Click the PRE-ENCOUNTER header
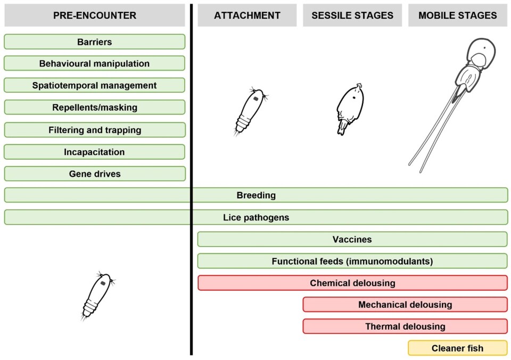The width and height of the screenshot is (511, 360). point(95,15)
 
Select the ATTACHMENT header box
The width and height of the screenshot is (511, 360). point(247,15)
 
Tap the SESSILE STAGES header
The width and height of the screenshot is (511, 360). point(352,15)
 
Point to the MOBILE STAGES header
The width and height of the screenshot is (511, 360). point(458,15)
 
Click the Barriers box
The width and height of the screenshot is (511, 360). point(95,42)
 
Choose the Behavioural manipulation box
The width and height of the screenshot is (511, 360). point(95,63)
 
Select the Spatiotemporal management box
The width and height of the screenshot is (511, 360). point(95,85)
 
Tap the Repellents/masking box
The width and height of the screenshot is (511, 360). point(95,108)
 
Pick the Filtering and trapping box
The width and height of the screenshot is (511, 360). point(95,130)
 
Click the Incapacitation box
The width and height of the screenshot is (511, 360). point(95,152)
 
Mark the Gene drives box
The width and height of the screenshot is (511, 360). point(95,174)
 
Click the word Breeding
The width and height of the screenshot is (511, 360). point(256,195)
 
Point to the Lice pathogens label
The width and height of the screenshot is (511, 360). point(256,217)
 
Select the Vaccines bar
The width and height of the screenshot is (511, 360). point(352,239)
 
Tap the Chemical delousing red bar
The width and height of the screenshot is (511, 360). point(352,283)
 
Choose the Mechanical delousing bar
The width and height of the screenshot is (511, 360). point(405,305)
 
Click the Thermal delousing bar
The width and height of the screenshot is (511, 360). point(405,326)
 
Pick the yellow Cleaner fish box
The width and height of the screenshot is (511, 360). point(458,348)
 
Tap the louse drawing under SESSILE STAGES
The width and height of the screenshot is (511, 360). point(350,109)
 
